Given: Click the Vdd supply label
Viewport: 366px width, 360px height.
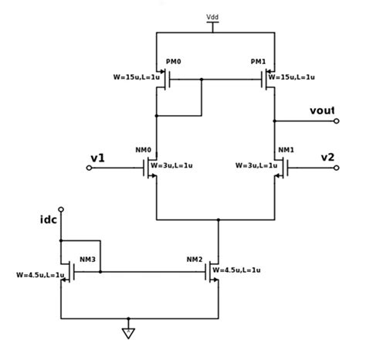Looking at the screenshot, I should tap(212, 16).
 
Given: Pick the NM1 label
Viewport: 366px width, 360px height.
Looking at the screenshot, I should tap(286, 149).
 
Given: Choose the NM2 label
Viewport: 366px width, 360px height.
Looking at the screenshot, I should tap(195, 259).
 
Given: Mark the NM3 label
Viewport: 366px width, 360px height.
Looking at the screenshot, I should tap(87, 259).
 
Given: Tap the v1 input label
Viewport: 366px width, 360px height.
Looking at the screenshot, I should tap(97, 158).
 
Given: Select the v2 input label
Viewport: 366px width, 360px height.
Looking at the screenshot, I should tap(328, 158).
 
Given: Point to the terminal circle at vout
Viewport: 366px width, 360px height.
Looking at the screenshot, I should tap(336, 121).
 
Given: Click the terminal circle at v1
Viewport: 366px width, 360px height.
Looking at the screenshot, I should tap(89, 167).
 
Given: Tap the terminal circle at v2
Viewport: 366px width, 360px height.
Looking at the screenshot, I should tap(336, 167).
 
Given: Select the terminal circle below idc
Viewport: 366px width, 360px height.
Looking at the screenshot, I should tap(61, 209).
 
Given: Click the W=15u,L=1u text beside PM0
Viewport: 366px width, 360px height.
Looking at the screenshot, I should tap(137, 77).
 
